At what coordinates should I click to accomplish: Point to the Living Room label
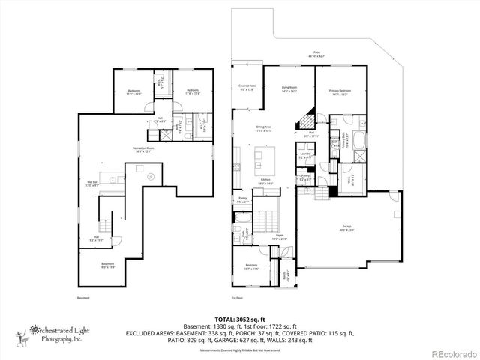[289, 91]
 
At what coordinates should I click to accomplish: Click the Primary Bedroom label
[340, 91]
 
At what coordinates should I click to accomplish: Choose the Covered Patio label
[248, 88]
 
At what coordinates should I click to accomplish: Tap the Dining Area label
[263, 129]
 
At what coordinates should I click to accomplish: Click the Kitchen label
[265, 181]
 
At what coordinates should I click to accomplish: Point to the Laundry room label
[305, 157]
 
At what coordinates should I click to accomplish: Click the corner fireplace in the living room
[304, 118]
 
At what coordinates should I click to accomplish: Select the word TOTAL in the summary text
[224, 319]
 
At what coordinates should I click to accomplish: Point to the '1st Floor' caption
[239, 298]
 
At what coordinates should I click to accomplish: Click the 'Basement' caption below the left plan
[82, 298]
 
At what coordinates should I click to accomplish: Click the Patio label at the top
[316, 54]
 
